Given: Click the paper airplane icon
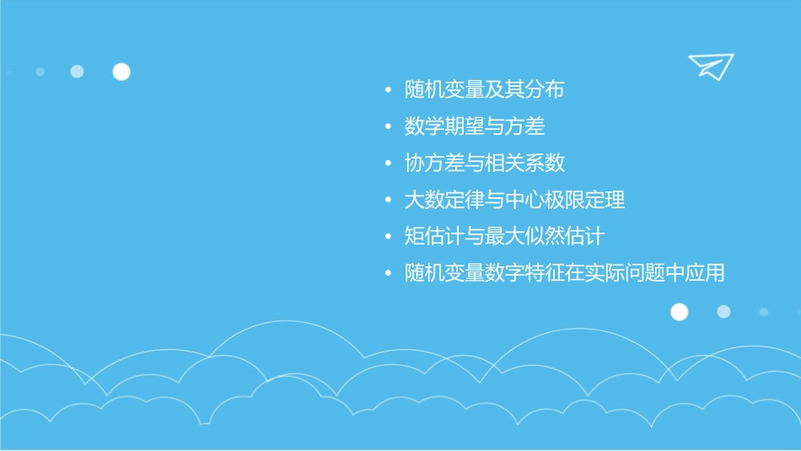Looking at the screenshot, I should (x=710, y=66).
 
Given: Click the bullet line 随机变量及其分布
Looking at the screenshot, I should (x=484, y=90).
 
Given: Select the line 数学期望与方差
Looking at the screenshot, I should (x=475, y=126).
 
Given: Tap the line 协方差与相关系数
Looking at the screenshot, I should (x=484, y=164).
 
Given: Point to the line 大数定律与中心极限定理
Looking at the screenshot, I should (x=514, y=201).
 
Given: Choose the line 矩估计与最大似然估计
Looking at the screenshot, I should (x=504, y=237).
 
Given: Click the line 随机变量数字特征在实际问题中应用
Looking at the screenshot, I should (x=564, y=274).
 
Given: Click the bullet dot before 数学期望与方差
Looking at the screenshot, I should (x=387, y=127).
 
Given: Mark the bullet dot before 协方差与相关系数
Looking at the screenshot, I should (x=387, y=164).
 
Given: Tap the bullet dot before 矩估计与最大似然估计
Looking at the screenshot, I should (x=387, y=237).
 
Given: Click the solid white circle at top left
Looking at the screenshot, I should (x=121, y=72).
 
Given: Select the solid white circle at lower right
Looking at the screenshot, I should (x=679, y=312).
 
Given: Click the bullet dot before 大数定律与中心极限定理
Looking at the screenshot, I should (x=387, y=201).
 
